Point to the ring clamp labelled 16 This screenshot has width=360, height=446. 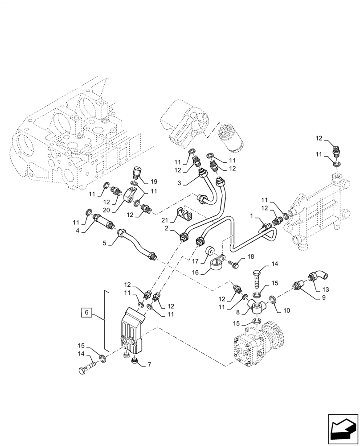click(218, 266)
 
